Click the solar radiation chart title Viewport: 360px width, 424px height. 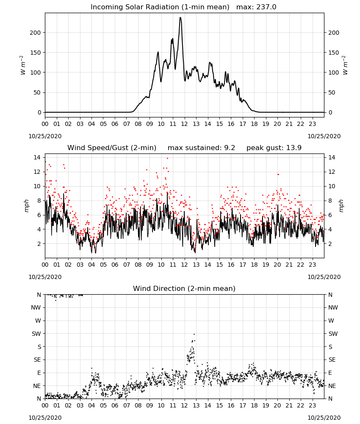(160, 7)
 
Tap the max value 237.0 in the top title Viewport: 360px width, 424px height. (266, 7)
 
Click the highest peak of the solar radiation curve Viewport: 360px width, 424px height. (180, 18)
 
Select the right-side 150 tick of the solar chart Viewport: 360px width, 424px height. (334, 53)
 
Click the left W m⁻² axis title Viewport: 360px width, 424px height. (23, 65)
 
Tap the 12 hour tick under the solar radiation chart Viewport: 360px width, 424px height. (185, 124)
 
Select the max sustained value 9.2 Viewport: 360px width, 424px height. (230, 148)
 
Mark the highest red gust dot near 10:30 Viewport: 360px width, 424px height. (167, 159)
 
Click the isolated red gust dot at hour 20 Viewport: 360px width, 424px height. (278, 175)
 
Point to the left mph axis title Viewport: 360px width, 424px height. (26, 206)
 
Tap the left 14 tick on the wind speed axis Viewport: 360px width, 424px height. (37, 158)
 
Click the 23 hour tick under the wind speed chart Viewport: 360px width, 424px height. (313, 265)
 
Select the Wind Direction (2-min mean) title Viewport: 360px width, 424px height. (184, 288)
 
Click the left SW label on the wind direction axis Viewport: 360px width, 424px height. (36, 334)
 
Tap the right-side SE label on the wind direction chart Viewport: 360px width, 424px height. (332, 360)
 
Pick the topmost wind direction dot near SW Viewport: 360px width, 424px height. (194, 335)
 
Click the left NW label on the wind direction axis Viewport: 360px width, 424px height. (36, 308)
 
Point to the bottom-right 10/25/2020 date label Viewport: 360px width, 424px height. (324, 418)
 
